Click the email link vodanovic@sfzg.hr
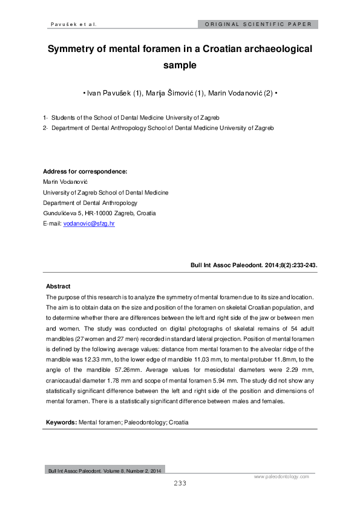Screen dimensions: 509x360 (x=89, y=224)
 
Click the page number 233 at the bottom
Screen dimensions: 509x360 (x=180, y=483)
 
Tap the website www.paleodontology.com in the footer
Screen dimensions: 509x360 (x=281, y=476)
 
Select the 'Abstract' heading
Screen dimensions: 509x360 (x=58, y=286)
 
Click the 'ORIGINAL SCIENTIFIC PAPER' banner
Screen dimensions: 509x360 (x=258, y=25)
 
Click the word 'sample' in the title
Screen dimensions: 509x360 (x=180, y=66)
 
